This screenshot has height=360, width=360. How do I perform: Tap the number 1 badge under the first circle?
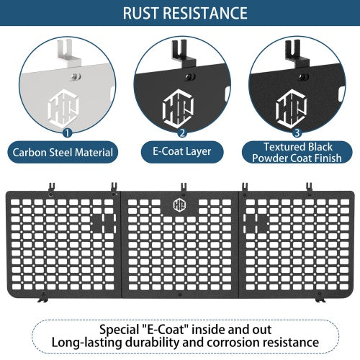point(67,132)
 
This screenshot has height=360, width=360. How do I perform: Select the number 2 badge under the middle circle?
point(182,132)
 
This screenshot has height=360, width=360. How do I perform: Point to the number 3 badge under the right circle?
point(297,132)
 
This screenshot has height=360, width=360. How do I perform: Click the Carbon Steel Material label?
point(63,153)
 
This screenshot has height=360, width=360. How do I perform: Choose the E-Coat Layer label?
point(182,152)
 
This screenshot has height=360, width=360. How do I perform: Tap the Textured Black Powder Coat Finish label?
point(297,153)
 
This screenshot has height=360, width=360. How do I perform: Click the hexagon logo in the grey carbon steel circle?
point(63,109)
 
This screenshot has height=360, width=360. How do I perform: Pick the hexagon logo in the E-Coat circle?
point(178,109)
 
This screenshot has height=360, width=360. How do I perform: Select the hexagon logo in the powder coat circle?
point(292,109)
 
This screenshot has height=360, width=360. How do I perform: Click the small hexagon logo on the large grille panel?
point(179,205)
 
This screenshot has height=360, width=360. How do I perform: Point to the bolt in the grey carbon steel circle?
point(76,77)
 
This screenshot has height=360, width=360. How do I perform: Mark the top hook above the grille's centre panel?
point(184,187)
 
